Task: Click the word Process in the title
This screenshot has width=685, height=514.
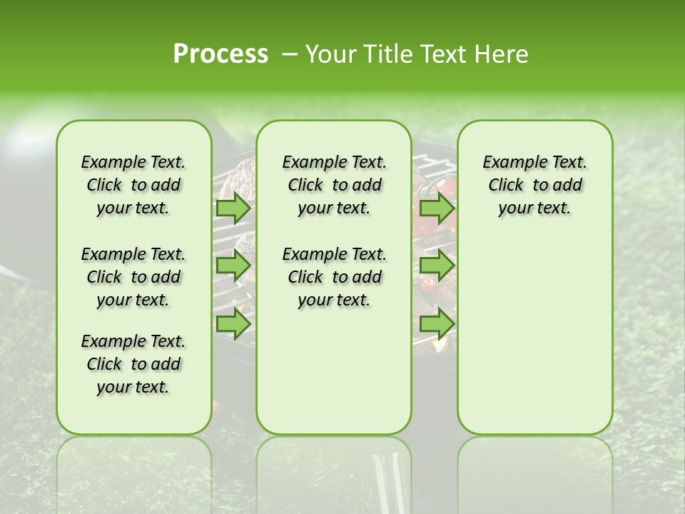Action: click(x=220, y=54)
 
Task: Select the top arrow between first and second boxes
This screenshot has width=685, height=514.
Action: click(x=233, y=208)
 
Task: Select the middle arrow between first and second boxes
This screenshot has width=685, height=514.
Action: click(x=233, y=266)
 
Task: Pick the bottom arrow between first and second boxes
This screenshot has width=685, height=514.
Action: click(x=233, y=323)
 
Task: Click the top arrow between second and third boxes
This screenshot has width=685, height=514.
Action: click(x=437, y=208)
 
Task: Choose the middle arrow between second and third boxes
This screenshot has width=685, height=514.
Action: click(x=437, y=266)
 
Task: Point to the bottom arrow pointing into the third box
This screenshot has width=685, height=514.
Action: click(x=437, y=323)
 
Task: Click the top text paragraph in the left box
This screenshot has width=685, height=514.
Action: click(x=133, y=185)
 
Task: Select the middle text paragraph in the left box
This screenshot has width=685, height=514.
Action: click(x=133, y=277)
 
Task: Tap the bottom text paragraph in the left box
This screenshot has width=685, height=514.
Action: click(x=133, y=364)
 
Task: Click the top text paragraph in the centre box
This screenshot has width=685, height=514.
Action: click(x=334, y=185)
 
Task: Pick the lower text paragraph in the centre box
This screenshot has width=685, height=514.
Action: click(x=334, y=277)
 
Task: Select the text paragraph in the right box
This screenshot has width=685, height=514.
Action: click(x=534, y=185)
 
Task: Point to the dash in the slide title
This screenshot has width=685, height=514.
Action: click(x=289, y=55)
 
